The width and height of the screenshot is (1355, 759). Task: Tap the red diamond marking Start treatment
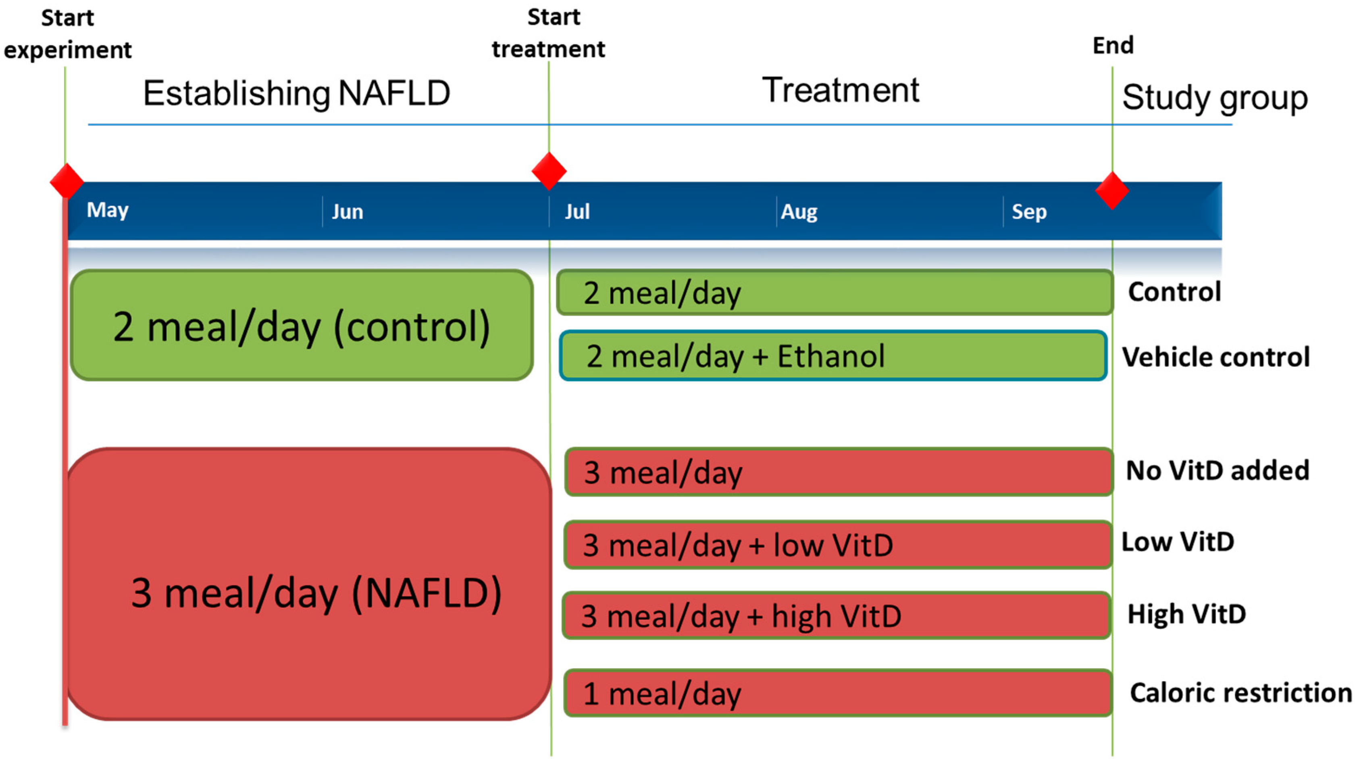coord(549,171)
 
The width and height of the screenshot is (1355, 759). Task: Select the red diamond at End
coord(1111,190)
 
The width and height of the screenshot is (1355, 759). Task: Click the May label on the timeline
coord(107,210)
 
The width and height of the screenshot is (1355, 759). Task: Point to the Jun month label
coord(347,211)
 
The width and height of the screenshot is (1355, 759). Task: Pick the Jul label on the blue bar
coord(577,211)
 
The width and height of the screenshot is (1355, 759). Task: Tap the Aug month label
coord(799,211)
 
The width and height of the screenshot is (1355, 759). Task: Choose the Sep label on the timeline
coord(1029,211)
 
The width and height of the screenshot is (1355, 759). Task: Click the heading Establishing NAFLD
coord(297,94)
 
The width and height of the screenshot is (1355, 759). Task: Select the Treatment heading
coord(840,90)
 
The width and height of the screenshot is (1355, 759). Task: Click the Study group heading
coord(1215,98)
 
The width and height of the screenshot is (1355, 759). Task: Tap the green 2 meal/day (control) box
coord(302,325)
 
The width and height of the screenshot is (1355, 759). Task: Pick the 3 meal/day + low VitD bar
coord(837,544)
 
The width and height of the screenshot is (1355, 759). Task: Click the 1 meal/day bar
coord(837,693)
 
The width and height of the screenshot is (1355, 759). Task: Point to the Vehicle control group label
coord(1216,357)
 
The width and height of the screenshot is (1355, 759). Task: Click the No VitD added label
coord(1217,470)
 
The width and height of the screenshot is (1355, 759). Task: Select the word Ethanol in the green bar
coord(830,356)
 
